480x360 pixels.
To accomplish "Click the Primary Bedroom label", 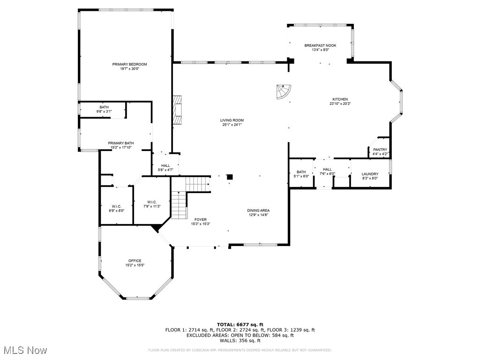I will [x=129, y=64].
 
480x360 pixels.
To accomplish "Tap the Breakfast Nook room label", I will [x=320, y=45].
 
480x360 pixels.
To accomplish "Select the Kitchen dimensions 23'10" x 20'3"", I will [x=340, y=104].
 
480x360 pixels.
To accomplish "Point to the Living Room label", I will [x=232, y=120].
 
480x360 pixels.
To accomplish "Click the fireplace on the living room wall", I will [x=177, y=110].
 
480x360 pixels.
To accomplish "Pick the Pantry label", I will [x=380, y=150].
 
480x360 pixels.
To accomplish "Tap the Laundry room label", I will [x=370, y=174].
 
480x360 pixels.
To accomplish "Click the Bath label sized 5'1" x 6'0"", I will [x=301, y=172].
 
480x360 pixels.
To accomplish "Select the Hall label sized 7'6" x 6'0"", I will [x=327, y=169].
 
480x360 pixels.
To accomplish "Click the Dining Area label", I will [x=258, y=210].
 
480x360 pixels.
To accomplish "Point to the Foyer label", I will [x=200, y=219].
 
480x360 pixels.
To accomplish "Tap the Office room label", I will [x=135, y=261].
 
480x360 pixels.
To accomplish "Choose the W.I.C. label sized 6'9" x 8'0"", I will [x=117, y=206].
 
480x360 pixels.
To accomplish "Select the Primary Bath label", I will [x=121, y=143].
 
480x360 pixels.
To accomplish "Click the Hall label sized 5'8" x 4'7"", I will [x=165, y=165].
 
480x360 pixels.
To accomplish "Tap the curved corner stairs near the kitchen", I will [x=283, y=92].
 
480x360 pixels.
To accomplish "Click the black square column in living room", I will [x=230, y=177].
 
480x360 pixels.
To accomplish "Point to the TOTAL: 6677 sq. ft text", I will [x=240, y=324].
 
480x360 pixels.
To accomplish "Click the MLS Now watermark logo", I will [x=25, y=350].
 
